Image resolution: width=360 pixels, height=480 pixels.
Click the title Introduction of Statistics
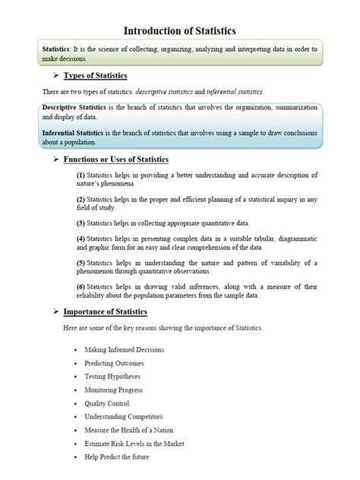pyautogui.click(x=180, y=30)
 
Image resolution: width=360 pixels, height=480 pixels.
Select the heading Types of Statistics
pyautogui.click(x=95, y=76)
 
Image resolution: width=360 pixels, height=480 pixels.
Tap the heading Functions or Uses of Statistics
pyautogui.click(x=115, y=159)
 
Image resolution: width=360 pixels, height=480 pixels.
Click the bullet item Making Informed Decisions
pyautogui.click(x=124, y=349)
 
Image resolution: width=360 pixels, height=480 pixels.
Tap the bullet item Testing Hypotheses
pyautogui.click(x=112, y=377)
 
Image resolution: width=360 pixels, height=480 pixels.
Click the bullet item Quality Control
pyautogui.click(x=107, y=403)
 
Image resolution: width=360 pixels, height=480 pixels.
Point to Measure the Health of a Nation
pyautogui.click(x=129, y=430)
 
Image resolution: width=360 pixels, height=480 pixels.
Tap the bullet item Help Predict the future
pyautogui.click(x=117, y=457)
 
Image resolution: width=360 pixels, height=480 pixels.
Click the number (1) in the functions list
pyautogui.click(x=81, y=175)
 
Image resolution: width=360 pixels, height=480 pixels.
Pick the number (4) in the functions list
pyautogui.click(x=81, y=238)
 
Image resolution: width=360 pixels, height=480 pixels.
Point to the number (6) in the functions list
pyautogui.click(x=81, y=286)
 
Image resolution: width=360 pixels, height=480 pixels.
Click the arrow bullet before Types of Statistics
pyautogui.click(x=55, y=76)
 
